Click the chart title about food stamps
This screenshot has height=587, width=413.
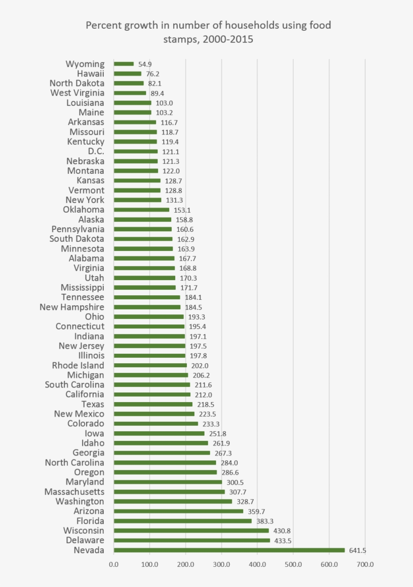(208, 32)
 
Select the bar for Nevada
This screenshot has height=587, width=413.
(229, 550)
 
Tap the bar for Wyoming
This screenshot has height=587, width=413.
(124, 64)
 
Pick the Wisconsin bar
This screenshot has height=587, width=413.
(191, 531)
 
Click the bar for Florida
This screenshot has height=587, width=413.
(183, 521)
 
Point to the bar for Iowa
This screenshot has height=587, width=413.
(159, 433)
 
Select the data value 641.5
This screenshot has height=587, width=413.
(358, 550)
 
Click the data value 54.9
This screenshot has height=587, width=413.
(145, 64)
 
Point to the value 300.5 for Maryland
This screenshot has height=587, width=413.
(235, 482)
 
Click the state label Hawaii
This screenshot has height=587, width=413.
(91, 74)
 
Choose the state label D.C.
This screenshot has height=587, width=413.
(96, 151)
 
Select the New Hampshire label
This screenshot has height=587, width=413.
(72, 307)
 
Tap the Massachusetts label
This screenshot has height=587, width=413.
(75, 492)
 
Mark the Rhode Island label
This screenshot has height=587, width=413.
(78, 365)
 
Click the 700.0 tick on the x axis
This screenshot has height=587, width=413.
(365, 565)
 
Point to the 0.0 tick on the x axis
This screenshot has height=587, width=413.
(114, 565)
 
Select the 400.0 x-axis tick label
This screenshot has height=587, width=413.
(257, 565)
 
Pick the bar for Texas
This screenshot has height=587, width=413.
(153, 404)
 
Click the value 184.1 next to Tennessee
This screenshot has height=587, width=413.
(193, 297)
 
